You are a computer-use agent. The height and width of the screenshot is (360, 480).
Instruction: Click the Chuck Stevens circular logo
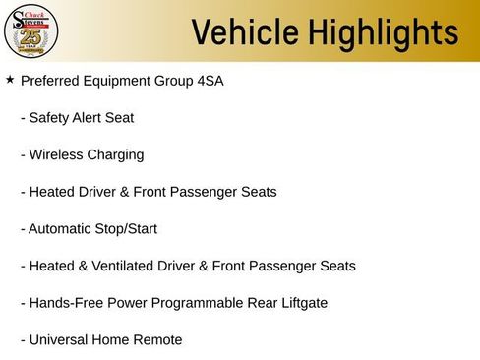[x=32, y=31]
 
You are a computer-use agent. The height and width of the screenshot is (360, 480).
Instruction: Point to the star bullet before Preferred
[x=10, y=80]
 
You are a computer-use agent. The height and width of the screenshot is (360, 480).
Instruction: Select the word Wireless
[x=58, y=154]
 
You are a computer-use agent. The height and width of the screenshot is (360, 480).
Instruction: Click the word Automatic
[x=61, y=228]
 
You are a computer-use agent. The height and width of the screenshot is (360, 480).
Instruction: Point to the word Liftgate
[x=300, y=303]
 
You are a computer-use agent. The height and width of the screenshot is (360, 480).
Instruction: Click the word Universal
[x=60, y=339]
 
